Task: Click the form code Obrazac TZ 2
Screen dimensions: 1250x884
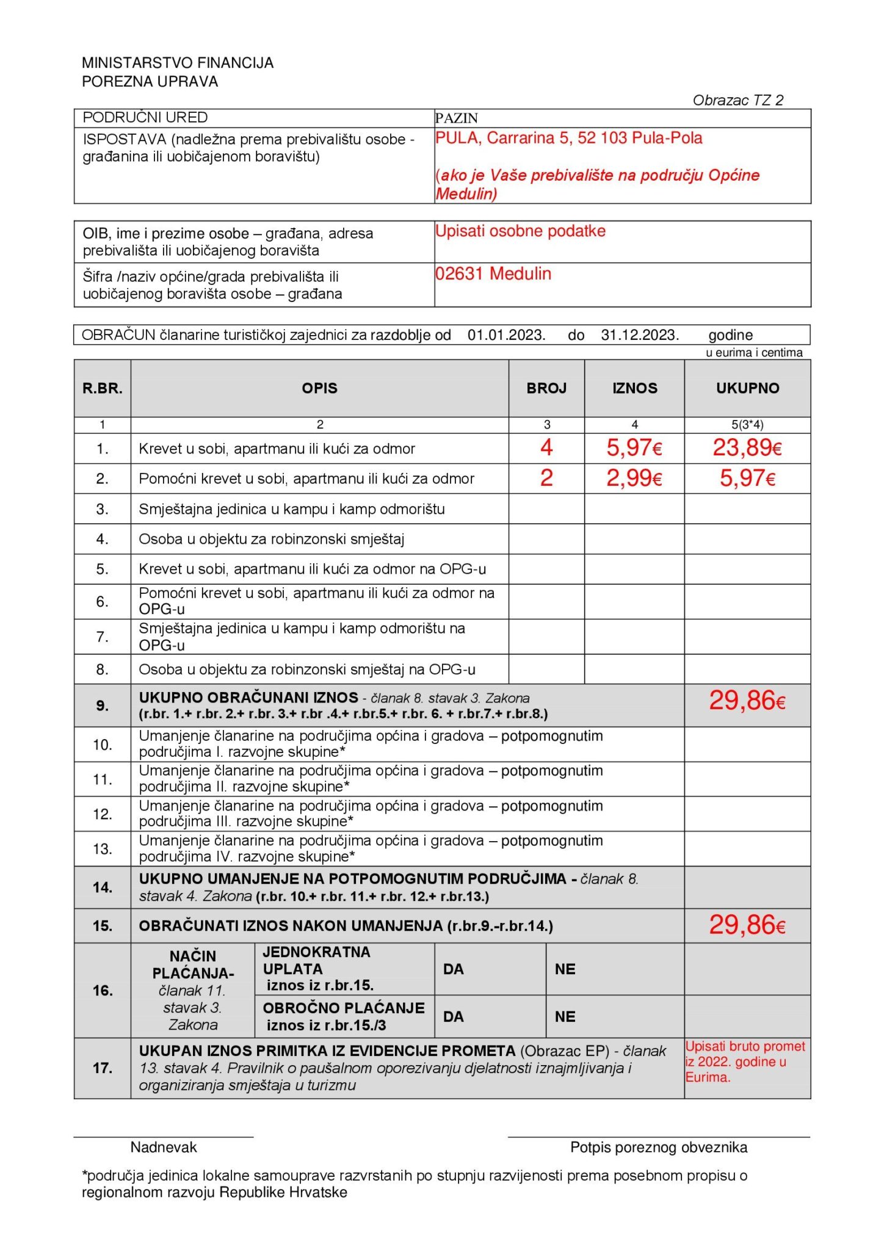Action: point(737,100)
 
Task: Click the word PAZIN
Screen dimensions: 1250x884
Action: point(456,118)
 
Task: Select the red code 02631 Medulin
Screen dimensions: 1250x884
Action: point(493,273)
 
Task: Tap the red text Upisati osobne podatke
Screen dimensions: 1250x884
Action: point(520,231)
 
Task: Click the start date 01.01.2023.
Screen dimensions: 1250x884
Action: point(506,335)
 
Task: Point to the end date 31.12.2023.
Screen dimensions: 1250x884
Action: point(639,335)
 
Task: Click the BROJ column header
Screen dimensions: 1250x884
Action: point(546,388)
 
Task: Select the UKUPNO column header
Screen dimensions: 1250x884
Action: point(747,388)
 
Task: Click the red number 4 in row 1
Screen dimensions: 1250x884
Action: point(546,448)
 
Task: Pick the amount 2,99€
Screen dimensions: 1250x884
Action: point(634,478)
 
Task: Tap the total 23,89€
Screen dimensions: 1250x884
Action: point(747,448)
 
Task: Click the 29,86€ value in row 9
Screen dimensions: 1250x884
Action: point(747,701)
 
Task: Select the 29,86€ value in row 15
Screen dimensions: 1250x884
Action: point(747,925)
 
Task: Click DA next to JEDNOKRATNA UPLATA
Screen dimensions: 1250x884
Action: point(453,969)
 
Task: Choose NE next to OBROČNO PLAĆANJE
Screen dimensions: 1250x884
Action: point(565,1017)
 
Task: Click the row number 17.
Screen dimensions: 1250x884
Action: point(103,1068)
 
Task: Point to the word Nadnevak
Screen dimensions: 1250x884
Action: point(164,1147)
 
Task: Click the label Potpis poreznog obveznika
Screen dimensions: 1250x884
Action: point(658,1147)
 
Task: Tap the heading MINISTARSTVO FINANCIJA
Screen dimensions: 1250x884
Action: point(178,63)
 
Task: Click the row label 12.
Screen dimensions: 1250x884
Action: point(103,814)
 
